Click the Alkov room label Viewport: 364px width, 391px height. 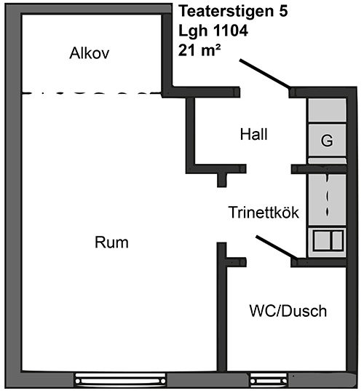[90, 53]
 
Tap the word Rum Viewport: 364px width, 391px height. [111, 242]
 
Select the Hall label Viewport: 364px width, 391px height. [254, 134]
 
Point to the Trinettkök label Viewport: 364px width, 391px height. [264, 212]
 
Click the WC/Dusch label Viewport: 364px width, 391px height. [288, 311]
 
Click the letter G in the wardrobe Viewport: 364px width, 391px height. [327, 141]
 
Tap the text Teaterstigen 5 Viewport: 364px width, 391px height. [234, 12]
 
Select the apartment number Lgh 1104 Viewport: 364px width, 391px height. [213, 31]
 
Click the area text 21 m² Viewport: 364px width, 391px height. [199, 51]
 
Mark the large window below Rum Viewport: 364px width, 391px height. [121, 380]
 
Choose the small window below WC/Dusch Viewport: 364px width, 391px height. [269, 380]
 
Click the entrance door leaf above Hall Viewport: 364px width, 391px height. [265, 74]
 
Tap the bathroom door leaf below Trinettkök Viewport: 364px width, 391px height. [277, 247]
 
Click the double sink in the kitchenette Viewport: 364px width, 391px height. [328, 240]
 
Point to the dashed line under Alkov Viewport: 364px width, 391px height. [92, 93]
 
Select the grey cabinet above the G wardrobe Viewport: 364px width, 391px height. [327, 110]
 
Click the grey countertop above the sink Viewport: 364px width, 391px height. [327, 200]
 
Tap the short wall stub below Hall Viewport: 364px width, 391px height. [221, 180]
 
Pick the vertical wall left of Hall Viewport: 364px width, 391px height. [191, 135]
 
